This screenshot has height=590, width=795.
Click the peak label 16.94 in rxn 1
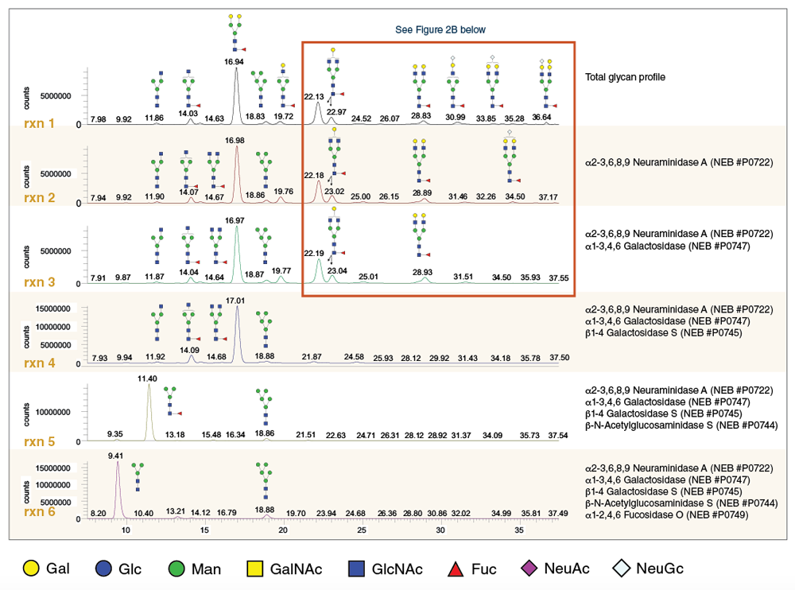(x=235, y=60)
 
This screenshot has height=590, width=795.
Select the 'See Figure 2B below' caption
(x=440, y=29)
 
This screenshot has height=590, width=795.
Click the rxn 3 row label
(x=39, y=281)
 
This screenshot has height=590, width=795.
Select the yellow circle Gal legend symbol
(x=28, y=569)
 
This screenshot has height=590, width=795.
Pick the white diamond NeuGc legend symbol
(x=622, y=569)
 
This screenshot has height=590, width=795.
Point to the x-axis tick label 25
(x=362, y=530)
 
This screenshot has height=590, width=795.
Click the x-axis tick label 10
(x=126, y=530)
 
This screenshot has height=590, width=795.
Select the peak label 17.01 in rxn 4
(x=235, y=301)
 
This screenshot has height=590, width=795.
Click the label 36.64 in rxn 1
(x=541, y=117)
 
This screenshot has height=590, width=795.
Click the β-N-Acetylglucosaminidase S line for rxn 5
(x=678, y=425)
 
